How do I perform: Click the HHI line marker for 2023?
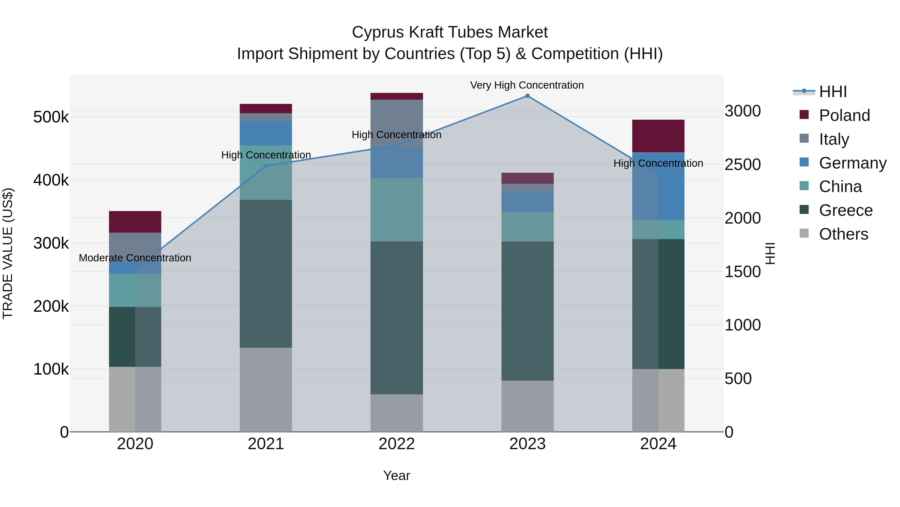[x=527, y=96]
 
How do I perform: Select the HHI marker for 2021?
[x=266, y=166]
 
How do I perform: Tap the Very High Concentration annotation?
[x=527, y=85]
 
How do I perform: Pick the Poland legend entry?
[x=844, y=115]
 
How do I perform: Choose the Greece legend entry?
[x=845, y=210]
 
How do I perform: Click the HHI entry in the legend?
[x=832, y=92]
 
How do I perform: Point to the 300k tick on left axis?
[x=51, y=243]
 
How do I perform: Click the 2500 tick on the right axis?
[x=742, y=164]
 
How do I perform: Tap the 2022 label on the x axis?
[x=396, y=444]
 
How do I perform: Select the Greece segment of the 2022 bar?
[x=396, y=317]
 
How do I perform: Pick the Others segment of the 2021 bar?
[x=266, y=389]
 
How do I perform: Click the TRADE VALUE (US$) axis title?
[x=8, y=253]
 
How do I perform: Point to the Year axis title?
[x=396, y=475]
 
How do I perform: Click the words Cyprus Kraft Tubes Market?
[x=450, y=32]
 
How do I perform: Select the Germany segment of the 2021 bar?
[x=266, y=133]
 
